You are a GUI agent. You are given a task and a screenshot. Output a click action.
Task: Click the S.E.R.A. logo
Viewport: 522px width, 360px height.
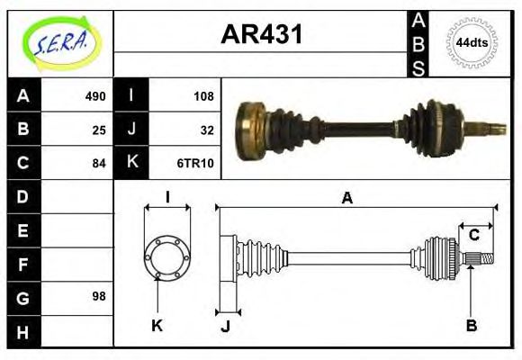coord(59,42)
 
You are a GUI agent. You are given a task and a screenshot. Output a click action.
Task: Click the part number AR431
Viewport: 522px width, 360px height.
coord(262,35)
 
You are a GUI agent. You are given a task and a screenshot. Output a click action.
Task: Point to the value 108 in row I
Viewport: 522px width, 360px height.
coord(203,96)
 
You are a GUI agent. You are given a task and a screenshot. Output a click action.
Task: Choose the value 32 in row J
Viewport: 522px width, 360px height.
coord(206,130)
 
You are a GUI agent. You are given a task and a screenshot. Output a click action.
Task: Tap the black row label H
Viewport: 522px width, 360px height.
coord(23,331)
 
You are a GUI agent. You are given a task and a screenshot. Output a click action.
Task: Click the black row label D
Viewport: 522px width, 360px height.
coord(23,196)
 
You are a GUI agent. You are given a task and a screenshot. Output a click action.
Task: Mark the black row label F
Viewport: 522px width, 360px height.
coord(23,264)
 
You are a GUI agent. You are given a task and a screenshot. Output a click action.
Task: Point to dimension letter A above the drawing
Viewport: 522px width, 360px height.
coord(346,199)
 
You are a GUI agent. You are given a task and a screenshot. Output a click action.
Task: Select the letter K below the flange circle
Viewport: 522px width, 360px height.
coord(156,325)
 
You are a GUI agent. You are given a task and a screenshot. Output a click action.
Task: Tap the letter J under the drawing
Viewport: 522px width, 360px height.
coord(226,326)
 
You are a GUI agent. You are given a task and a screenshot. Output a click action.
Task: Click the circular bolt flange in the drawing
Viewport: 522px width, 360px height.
coord(167,256)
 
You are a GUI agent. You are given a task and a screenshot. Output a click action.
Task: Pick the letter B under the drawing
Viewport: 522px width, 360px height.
coord(471,325)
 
